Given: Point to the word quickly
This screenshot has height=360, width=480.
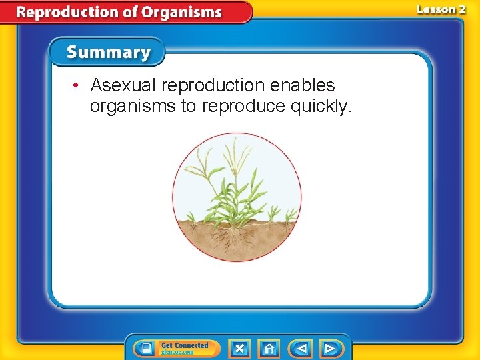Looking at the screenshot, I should click(x=321, y=107).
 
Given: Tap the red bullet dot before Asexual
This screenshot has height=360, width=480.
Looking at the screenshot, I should click(x=77, y=86).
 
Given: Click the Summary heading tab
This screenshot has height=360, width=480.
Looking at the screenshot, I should click(x=109, y=52).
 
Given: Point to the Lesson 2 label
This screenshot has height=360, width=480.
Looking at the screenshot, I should click(x=441, y=9).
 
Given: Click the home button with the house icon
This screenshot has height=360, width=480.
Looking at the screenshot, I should click(x=269, y=348).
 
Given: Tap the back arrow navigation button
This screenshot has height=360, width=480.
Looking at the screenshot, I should click(x=301, y=348).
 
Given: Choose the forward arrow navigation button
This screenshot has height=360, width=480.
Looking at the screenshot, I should click(x=330, y=348).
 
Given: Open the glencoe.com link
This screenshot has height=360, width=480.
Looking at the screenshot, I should click(x=177, y=352).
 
